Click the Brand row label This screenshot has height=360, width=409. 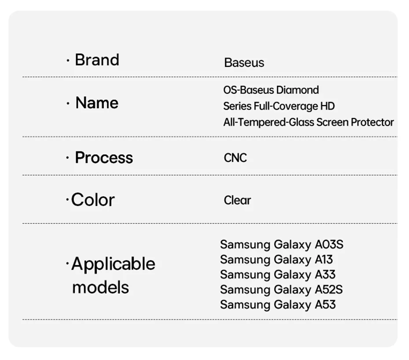point(97,60)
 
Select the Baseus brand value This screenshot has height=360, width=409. point(244,62)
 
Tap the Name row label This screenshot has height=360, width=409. point(97,103)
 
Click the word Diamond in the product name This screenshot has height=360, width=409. point(297,90)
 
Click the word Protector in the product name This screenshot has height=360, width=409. point(372,122)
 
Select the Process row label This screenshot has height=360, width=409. point(104,158)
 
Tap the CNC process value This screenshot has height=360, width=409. point(235,158)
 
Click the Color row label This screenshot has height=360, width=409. point(93,200)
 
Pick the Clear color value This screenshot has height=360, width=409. point(237,200)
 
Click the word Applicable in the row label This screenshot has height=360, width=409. point(113,264)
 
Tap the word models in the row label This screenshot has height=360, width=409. point(100,287)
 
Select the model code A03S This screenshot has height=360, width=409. point(329,245)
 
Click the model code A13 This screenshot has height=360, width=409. point(324,260)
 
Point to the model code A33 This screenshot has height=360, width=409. point(325,275)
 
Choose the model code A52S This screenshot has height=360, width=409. point(329,290)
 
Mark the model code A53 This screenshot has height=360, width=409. point(325,305)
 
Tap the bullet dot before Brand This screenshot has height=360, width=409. point(68,61)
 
